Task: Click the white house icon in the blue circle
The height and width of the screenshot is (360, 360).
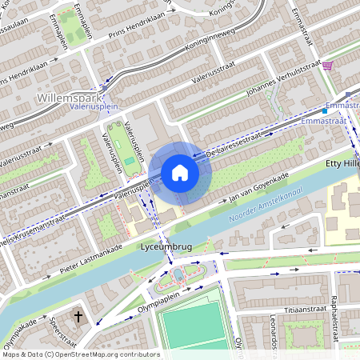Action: pos(180,172)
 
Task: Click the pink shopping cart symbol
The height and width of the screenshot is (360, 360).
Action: pos(327,66)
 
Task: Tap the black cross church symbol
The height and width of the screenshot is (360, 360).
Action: pos(78,317)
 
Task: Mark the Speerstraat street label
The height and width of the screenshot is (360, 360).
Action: pos(56,330)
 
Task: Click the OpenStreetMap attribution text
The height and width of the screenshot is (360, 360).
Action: pos(80,354)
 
